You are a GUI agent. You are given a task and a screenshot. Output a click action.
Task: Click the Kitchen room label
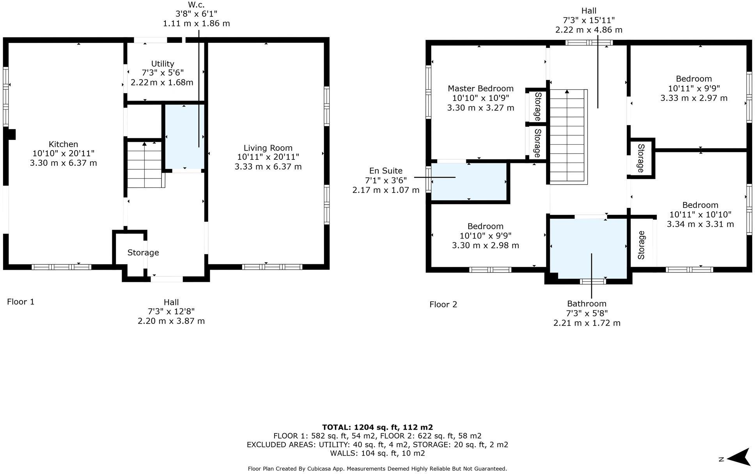pos(63,145)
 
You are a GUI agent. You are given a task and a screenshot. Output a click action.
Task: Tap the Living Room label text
pos(268,148)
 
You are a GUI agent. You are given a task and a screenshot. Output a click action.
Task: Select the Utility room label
pos(162,64)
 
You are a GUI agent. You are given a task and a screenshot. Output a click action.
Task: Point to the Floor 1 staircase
pos(145,166)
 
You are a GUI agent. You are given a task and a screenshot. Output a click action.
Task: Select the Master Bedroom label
pos(480,89)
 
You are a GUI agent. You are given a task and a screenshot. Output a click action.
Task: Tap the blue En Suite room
pos(468,182)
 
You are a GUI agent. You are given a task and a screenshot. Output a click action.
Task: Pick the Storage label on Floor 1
pos(143,253)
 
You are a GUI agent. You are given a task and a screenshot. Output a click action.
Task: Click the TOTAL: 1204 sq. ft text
pos(377,427)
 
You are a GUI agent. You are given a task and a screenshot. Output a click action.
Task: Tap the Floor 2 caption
pos(443,304)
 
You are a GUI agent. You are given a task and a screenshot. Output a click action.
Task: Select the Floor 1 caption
pos(21,302)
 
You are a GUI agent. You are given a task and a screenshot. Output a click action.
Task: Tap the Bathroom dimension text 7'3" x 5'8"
pos(587,313)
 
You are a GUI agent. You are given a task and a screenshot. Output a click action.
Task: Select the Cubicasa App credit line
pos(377,469)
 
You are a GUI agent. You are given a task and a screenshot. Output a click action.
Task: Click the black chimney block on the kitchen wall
pos(11,134)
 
